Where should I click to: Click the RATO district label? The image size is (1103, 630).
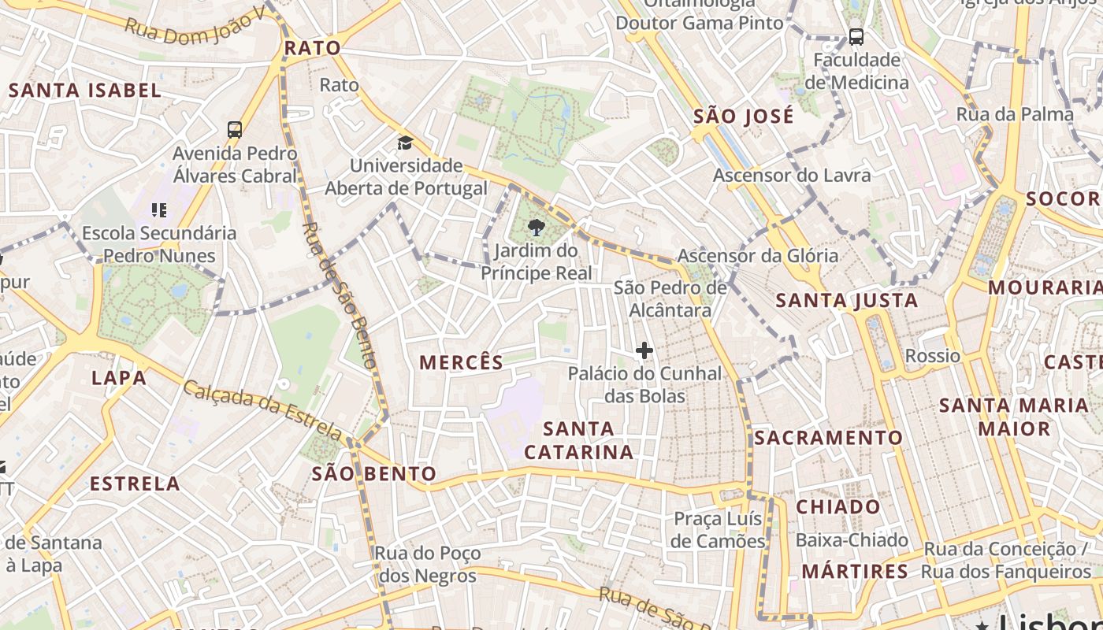(313, 48)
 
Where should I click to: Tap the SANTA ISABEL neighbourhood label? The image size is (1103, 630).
(85, 90)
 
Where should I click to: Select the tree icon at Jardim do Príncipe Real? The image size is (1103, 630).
(537, 228)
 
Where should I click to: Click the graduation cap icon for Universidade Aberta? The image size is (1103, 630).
(405, 143)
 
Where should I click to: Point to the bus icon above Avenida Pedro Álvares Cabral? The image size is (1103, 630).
(234, 129)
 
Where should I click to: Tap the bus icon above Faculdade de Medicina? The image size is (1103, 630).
(856, 36)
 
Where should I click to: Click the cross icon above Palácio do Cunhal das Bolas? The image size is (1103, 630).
(644, 350)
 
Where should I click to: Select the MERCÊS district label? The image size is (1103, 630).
(461, 362)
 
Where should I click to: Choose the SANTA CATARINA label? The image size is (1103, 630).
(579, 440)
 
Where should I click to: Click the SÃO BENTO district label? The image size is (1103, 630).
(373, 473)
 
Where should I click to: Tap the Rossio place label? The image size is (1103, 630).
(932, 356)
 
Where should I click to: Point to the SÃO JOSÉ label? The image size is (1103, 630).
(744, 117)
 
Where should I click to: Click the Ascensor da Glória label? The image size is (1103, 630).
(758, 255)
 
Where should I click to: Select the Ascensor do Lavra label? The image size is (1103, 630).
(792, 175)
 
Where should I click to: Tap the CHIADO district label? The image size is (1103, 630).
(837, 506)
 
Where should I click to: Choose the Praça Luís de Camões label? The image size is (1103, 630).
(718, 530)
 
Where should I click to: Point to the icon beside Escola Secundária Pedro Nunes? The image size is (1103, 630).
(159, 210)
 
